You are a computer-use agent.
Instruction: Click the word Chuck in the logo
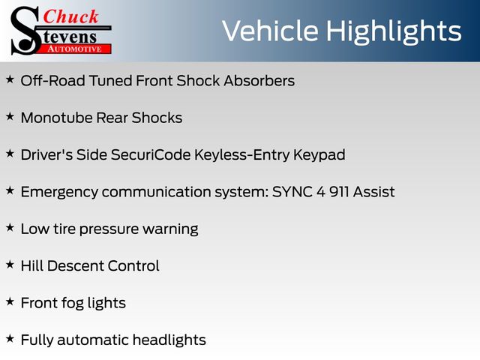click(x=70, y=16)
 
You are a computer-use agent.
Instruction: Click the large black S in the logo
click(x=25, y=31)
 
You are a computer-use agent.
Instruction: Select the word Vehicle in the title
click(x=270, y=31)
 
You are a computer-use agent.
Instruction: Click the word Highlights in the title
click(x=393, y=32)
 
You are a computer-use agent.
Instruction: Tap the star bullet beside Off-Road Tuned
click(x=10, y=79)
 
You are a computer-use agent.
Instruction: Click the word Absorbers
click(x=259, y=81)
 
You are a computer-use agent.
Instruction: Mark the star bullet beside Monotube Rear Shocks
click(x=10, y=117)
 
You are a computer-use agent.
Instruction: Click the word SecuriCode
click(x=151, y=154)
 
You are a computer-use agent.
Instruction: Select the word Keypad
click(x=319, y=155)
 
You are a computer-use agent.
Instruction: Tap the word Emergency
click(x=59, y=193)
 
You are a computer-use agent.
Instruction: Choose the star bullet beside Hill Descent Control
click(x=10, y=265)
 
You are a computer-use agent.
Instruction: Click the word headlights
click(x=169, y=340)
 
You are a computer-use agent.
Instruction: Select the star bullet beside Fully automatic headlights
click(x=10, y=339)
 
